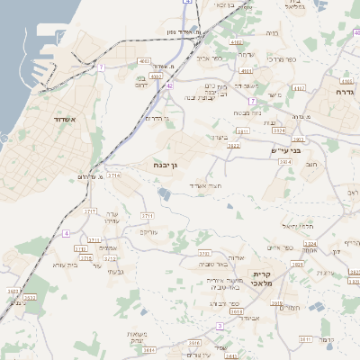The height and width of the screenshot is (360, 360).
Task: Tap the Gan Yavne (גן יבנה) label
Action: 167,166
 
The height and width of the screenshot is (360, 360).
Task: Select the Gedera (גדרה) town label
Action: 345,92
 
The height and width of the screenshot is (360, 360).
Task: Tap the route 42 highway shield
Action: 168,85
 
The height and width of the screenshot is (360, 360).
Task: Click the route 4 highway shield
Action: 65,233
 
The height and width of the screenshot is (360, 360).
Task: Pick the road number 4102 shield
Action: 236,42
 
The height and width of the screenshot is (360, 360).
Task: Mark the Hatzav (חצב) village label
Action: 312,165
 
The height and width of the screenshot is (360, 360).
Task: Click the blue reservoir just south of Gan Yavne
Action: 164,193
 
